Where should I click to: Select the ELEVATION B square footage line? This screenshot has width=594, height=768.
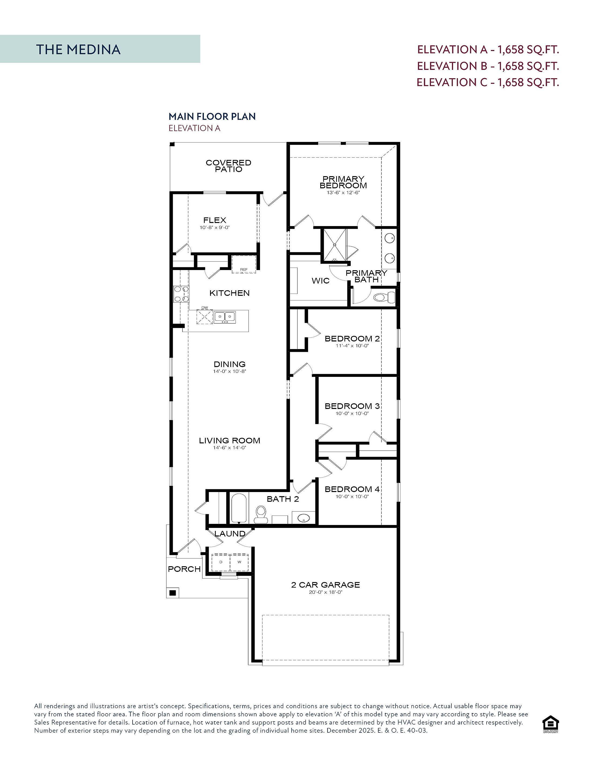488,66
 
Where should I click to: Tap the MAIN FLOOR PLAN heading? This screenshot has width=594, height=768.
212,116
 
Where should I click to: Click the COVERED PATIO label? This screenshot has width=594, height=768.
228,166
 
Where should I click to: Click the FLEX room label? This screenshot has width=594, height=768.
215,220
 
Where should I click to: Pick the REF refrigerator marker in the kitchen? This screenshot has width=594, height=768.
244,270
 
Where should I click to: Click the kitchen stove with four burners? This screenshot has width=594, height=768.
181,294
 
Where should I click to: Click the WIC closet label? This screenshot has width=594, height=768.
320,281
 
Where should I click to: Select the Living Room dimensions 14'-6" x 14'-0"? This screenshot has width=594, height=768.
230,448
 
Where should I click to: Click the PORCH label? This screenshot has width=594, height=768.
184,569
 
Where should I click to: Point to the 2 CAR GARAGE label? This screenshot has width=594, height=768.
326,585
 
